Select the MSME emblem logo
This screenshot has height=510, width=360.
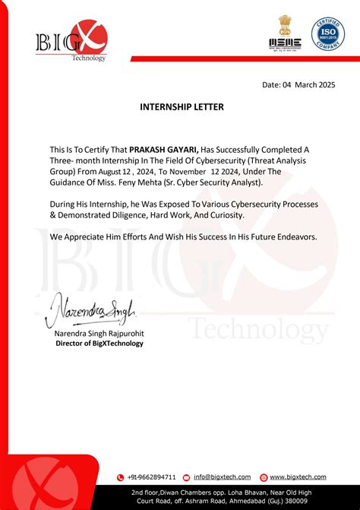[x=286, y=37]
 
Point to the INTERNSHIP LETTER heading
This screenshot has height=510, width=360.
[x=182, y=107]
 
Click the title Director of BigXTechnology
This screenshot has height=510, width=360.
[x=99, y=344]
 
